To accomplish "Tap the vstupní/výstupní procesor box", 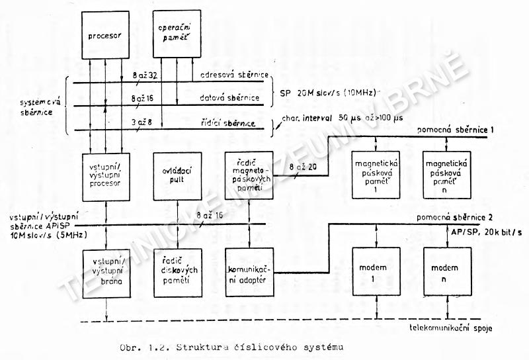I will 106,177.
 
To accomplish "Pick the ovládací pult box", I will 176,177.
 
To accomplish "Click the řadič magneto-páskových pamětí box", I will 247,177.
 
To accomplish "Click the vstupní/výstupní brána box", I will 106,273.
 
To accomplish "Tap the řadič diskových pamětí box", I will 176,273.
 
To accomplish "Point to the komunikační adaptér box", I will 247,273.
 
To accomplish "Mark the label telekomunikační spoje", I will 451,328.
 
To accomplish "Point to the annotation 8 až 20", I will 304,169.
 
